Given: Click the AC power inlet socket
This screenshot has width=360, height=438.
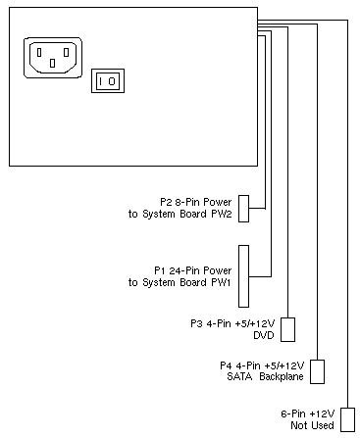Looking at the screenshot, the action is tap(53, 58).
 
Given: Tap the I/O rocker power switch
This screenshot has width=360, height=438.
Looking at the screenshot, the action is tap(108, 80).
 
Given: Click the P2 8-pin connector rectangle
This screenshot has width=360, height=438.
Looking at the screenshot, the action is tap(243, 209).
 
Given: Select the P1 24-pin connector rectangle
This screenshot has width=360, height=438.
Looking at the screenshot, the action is tap(243, 276).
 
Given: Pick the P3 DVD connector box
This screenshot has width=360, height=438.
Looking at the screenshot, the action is tap(287, 329).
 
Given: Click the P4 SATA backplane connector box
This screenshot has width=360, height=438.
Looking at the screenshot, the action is tap(317, 371).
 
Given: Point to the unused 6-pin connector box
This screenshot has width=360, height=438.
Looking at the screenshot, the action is tap(347, 419).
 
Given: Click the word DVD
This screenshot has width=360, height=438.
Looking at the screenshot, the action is tap(264, 335).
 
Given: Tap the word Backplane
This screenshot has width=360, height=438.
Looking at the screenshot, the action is tap(282, 377).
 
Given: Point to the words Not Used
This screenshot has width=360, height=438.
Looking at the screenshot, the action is tap(312, 425).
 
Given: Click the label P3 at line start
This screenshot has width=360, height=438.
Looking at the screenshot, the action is tap(197, 323).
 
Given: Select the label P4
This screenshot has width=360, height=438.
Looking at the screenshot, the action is tap(227, 365).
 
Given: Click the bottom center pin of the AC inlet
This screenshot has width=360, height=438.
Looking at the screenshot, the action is tap(52, 63).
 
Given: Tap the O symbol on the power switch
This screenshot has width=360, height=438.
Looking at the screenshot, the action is tap(112, 81).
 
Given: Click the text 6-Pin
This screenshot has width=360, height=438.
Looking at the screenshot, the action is tap(293, 414).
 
